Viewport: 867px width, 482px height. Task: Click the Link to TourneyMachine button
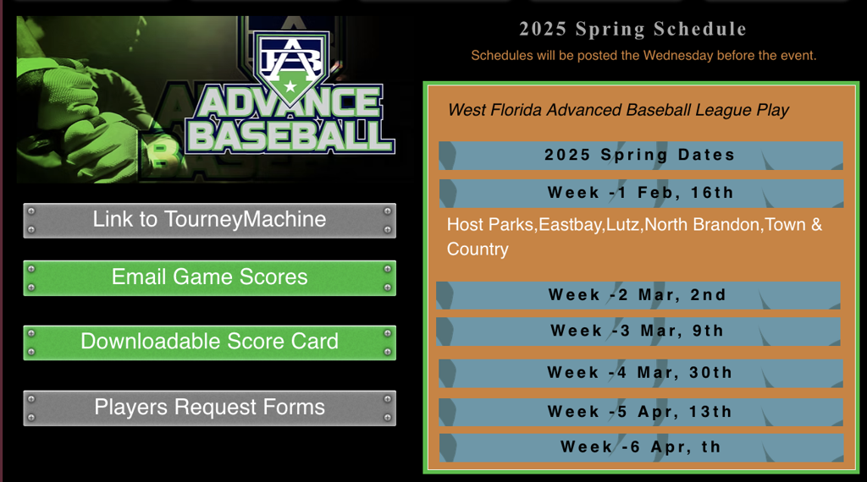pos(210,221)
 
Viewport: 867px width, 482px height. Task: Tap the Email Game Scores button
pos(210,277)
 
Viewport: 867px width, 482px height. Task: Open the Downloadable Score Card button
pos(210,342)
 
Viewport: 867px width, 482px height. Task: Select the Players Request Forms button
pos(210,408)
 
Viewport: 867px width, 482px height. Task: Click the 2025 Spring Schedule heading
pos(632,29)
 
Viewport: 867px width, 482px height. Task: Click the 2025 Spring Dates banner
pos(641,155)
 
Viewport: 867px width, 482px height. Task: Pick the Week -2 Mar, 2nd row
pos(638,295)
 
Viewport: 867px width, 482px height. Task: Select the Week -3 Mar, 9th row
pos(638,331)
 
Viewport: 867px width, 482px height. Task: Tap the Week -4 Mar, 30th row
pos(641,373)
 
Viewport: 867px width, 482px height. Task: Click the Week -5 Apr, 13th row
pos(641,412)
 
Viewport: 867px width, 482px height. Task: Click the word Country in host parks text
pos(478,249)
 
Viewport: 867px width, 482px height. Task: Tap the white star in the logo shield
pos(290,86)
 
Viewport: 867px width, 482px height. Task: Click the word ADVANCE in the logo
pos(290,103)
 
